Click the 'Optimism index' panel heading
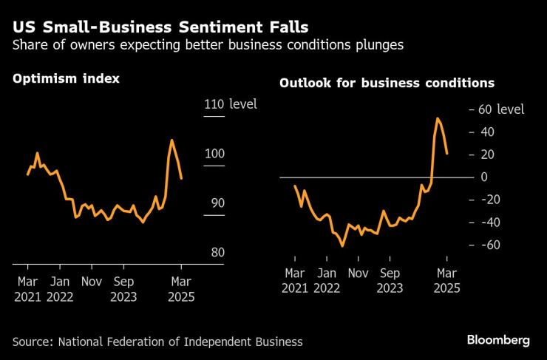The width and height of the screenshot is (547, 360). click(x=67, y=79)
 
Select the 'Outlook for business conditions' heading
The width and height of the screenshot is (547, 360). click(x=387, y=84)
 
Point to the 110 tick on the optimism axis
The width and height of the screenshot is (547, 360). click(x=214, y=104)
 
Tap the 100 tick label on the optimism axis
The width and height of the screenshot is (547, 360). click(x=214, y=154)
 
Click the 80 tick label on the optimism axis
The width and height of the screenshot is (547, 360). click(x=214, y=253)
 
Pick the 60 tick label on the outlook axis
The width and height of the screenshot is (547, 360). click(x=485, y=109)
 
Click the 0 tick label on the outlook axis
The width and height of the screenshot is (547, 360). click(x=484, y=177)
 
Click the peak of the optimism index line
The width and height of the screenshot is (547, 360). click(x=171, y=140)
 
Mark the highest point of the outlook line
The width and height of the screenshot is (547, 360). click(x=438, y=118)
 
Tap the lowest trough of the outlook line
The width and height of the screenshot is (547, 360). click(x=342, y=246)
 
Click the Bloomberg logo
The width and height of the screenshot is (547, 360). click(x=497, y=340)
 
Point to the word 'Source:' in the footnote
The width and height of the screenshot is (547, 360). click(x=33, y=342)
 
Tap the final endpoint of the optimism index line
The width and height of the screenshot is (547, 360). click(x=182, y=178)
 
